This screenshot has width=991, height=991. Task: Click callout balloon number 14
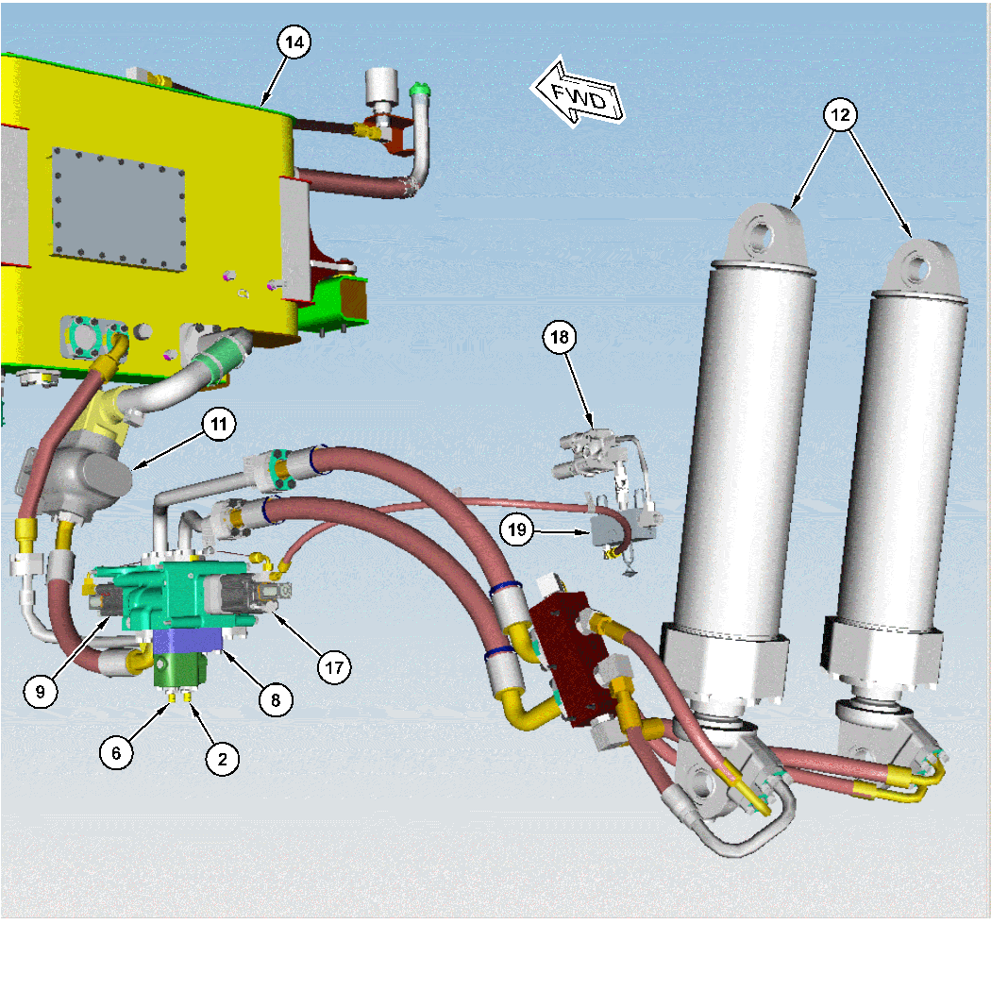[x=294, y=42]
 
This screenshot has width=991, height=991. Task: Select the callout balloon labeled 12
[x=840, y=115]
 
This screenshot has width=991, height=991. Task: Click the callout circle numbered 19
[x=517, y=529]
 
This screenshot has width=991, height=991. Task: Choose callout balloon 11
[x=219, y=425]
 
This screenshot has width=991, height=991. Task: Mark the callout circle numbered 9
[x=41, y=691]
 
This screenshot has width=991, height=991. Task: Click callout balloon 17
[x=334, y=667]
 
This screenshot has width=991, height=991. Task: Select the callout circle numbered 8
[x=276, y=699]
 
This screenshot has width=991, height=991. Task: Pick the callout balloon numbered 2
[x=223, y=758]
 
